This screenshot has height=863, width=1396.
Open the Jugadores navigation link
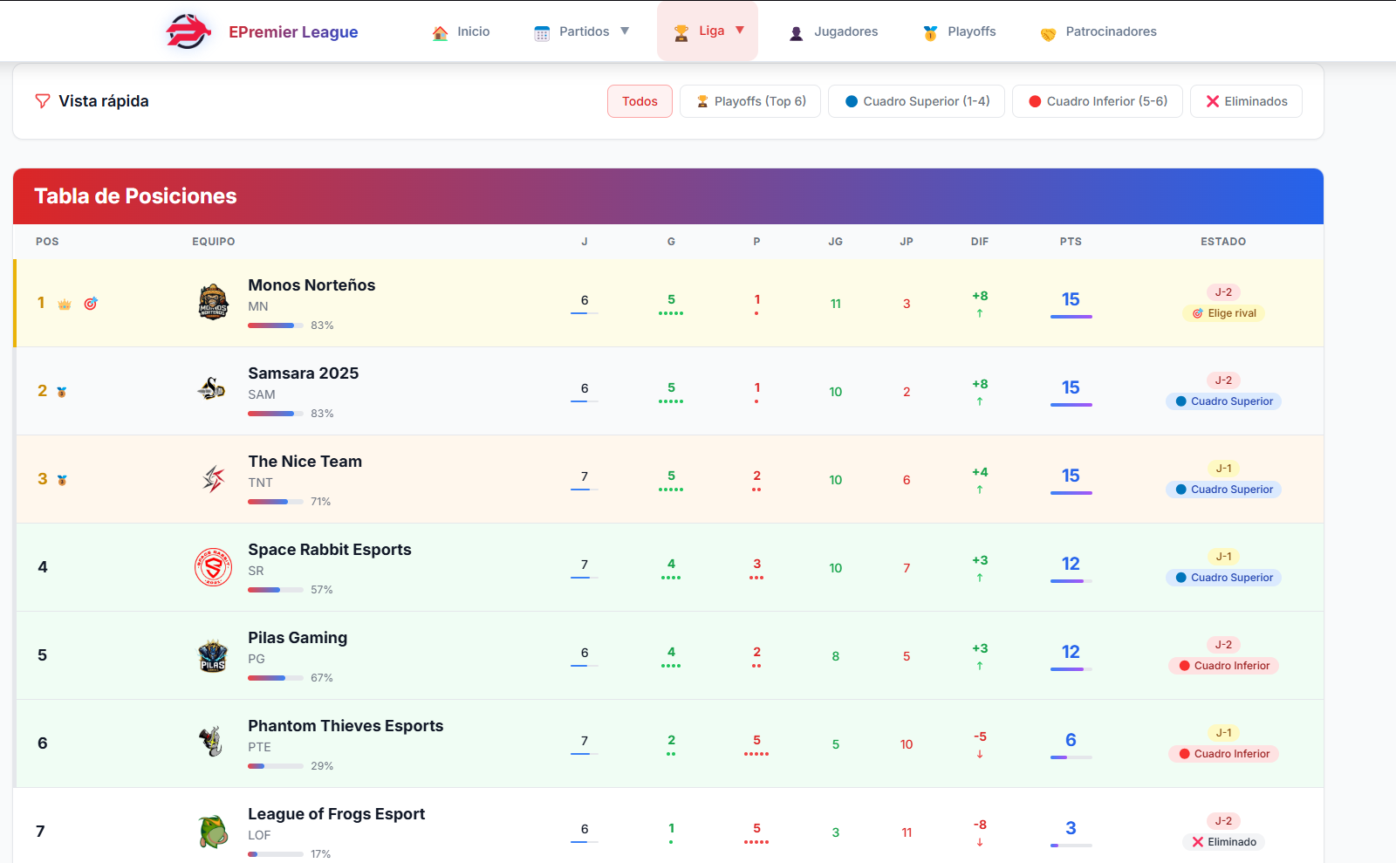click(x=833, y=32)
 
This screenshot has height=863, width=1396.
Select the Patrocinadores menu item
click(x=1098, y=32)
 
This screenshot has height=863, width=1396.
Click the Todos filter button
click(x=640, y=101)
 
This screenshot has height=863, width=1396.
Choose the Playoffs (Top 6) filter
click(x=750, y=101)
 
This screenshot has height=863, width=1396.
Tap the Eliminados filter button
click(x=1246, y=101)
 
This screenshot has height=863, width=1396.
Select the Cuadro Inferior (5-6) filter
click(x=1097, y=101)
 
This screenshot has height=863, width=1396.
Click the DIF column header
click(x=980, y=242)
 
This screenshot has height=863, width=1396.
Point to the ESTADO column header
click(x=1222, y=242)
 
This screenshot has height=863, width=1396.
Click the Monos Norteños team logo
click(x=214, y=303)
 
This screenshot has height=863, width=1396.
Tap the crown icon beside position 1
click(x=65, y=305)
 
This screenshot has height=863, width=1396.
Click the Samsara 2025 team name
click(x=303, y=373)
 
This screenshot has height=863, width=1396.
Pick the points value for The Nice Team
click(x=1071, y=476)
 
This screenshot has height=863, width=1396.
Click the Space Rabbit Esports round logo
click(x=213, y=567)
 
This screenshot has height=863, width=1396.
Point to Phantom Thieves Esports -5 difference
click(x=980, y=737)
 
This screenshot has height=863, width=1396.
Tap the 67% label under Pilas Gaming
click(x=322, y=678)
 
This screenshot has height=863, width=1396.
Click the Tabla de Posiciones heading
click(x=135, y=196)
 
